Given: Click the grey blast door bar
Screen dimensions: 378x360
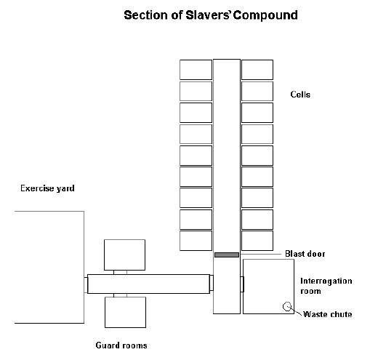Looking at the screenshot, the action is coord(227,255).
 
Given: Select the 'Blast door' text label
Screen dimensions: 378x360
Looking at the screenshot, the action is coord(305,254).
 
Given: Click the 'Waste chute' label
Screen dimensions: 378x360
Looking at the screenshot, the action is coord(327,314).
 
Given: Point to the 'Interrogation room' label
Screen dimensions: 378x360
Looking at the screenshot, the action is coord(326,286).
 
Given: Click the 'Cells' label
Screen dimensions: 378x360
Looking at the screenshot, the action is coord(300,95).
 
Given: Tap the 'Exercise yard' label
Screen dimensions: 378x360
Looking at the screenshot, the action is coord(47,188).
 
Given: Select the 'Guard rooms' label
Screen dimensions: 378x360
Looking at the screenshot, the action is coord(121,345).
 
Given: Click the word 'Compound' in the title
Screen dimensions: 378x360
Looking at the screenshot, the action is coord(265,15).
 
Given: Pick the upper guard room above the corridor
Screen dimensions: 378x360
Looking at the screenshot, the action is coord(124,255).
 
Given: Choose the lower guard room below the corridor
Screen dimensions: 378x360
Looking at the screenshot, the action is coord(125,312).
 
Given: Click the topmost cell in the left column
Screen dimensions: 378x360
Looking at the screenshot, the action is coord(196,70).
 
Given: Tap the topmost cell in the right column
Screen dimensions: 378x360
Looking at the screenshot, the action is coord(257,70).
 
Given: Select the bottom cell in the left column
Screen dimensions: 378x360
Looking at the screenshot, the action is coord(196,241).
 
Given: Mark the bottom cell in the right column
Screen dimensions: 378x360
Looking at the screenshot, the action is coord(257,241).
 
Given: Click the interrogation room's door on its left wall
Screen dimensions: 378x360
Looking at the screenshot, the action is coord(242,284).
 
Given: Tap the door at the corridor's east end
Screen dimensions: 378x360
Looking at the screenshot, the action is coord(212,283).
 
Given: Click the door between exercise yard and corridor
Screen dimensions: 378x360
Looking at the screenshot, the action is coord(86,285).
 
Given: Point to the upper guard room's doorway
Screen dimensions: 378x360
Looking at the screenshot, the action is coord(120,272).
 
